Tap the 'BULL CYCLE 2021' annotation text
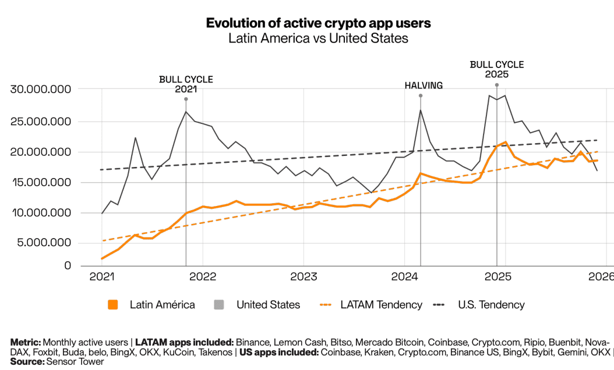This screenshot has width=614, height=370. [186, 84]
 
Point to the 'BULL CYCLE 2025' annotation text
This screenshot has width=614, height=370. [496, 69]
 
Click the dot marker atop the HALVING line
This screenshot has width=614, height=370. [421, 95]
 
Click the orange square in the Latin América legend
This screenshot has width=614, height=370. [113, 305]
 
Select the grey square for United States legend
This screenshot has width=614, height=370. [220, 305]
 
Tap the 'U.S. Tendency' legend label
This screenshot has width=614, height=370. [491, 305]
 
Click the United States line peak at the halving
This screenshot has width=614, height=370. [421, 110]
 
